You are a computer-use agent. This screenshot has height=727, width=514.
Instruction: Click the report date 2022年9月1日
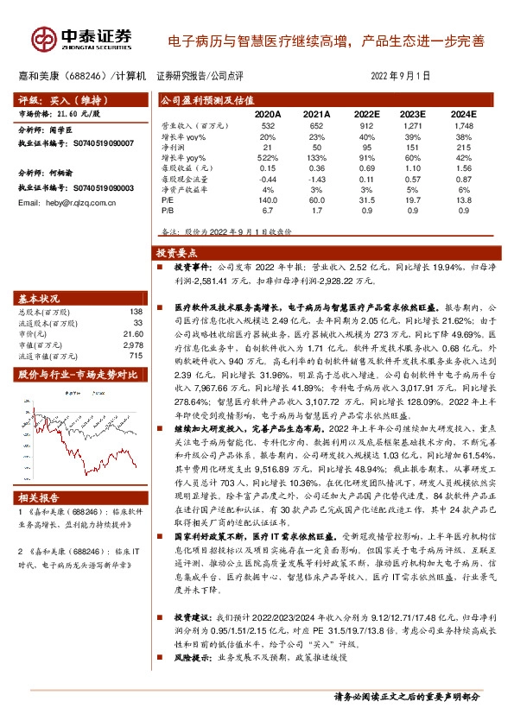click(400, 76)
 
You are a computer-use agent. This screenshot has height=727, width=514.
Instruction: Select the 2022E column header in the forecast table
click(366, 114)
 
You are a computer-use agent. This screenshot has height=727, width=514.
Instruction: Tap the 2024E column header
click(463, 114)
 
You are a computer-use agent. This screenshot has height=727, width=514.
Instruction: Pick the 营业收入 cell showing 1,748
click(463, 127)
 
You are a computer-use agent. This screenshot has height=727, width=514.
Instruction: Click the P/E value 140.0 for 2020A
click(267, 198)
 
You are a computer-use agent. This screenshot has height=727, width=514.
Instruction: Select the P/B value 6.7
click(267, 208)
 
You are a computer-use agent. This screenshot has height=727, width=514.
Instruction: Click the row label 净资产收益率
click(184, 187)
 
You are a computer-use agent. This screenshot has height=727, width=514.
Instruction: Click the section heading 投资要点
click(177, 254)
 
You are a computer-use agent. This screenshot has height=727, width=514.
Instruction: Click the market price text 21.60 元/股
click(60, 113)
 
